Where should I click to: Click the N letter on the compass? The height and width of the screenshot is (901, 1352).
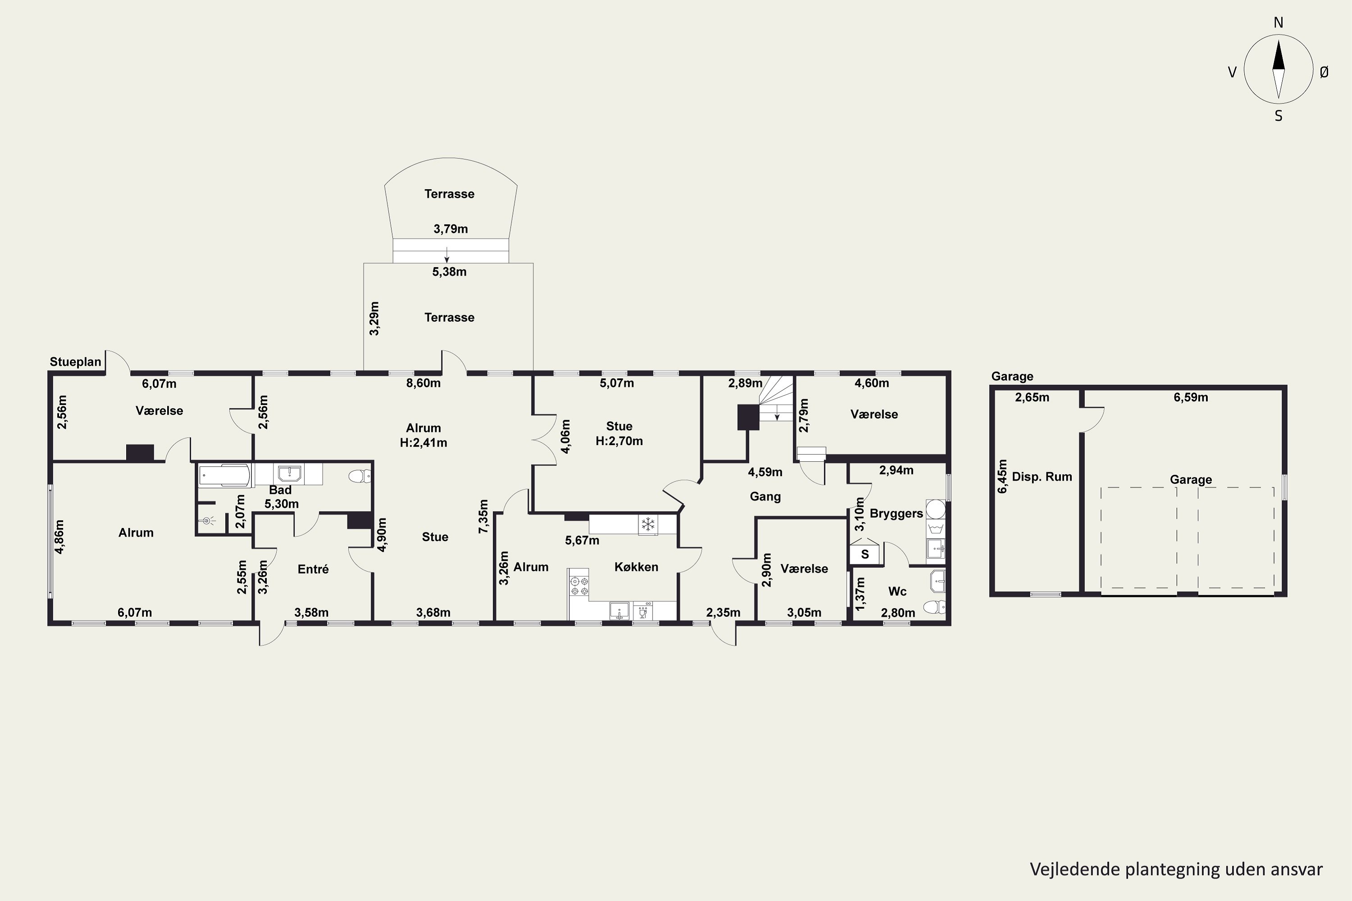click(1279, 23)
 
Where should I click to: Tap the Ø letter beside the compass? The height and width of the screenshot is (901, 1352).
click(1325, 72)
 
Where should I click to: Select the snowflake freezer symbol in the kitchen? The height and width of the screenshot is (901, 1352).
click(648, 524)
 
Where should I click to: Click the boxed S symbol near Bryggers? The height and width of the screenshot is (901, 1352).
click(864, 555)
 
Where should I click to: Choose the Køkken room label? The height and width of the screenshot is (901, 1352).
click(636, 567)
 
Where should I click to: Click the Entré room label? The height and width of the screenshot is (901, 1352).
click(313, 569)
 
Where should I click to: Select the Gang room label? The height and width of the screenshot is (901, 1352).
click(765, 496)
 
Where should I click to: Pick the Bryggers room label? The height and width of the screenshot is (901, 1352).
click(896, 514)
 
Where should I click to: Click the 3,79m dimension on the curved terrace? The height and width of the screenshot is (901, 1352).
click(451, 229)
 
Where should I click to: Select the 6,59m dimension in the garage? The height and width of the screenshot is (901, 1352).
click(1191, 397)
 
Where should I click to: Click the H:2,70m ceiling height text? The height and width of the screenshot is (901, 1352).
click(619, 441)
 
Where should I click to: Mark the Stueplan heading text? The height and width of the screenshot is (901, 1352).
click(75, 362)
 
